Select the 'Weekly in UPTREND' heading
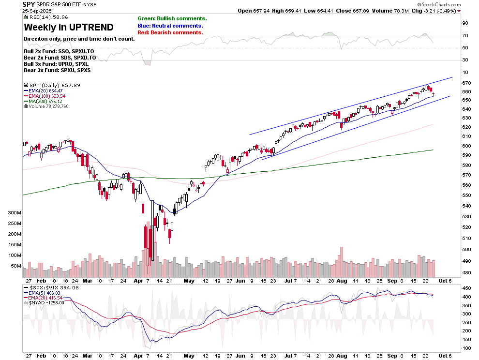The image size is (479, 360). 69,27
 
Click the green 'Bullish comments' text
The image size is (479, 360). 172,18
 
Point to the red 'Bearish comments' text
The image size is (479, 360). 170,32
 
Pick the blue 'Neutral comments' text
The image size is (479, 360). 170,26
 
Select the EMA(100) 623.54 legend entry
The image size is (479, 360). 46,96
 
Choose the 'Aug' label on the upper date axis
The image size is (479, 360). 342,280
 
